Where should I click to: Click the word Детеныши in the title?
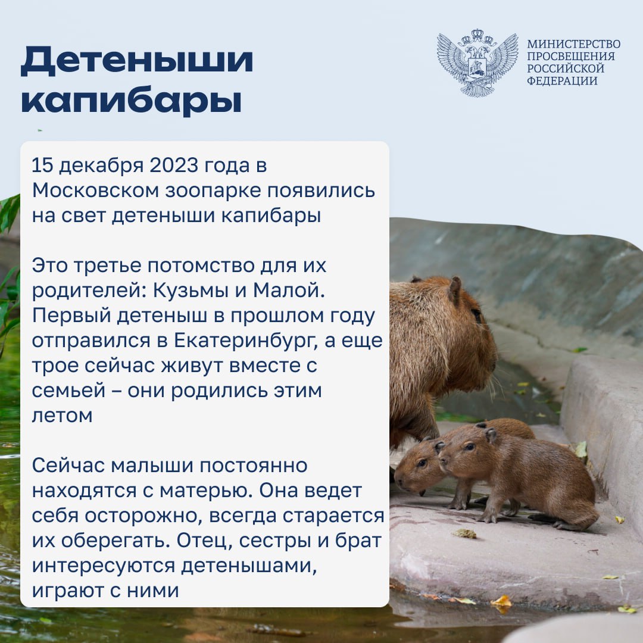tap(137, 61)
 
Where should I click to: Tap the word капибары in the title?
tap(131, 100)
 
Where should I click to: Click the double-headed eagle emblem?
tap(477, 63)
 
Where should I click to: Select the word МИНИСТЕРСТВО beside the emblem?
tap(574, 44)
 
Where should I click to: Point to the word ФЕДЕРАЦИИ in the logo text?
tap(562, 81)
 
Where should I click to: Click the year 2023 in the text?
tap(173, 166)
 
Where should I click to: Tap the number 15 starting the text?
tap(43, 166)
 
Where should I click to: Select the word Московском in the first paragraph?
tap(95, 191)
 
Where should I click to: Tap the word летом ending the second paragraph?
tap(63, 416)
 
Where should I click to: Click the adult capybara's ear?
tap(454, 291)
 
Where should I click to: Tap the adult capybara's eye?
tap(476, 314)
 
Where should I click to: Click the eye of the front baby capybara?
tap(470, 447)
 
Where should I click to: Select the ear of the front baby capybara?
tap(491, 435)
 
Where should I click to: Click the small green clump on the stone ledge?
tap(464, 533)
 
